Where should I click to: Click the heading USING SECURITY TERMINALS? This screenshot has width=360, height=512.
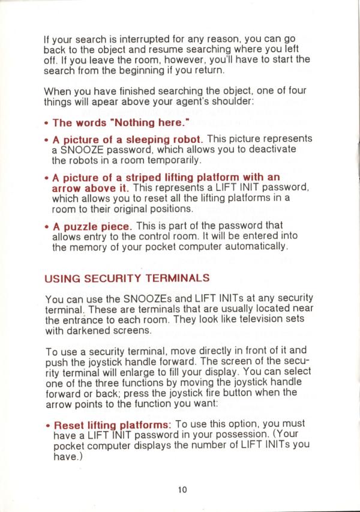point(127,278)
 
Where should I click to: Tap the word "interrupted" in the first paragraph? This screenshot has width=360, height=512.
point(131,41)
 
